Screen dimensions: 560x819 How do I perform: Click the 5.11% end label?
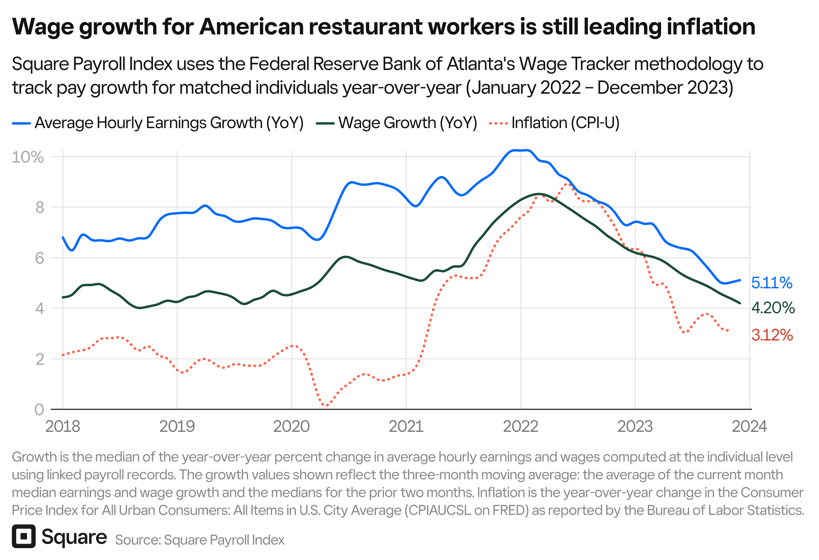772,283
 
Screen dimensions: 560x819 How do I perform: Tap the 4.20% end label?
773,308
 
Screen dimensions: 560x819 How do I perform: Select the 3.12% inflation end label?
772,335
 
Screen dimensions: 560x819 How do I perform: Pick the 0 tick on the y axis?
39,410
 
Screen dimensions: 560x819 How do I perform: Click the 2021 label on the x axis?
406,427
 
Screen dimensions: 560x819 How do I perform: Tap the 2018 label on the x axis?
63,427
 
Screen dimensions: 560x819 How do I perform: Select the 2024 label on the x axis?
749,427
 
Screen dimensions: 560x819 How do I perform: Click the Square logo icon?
24,536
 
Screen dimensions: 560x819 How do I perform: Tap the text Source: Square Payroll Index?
199,540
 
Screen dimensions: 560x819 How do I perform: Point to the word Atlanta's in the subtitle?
481,64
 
